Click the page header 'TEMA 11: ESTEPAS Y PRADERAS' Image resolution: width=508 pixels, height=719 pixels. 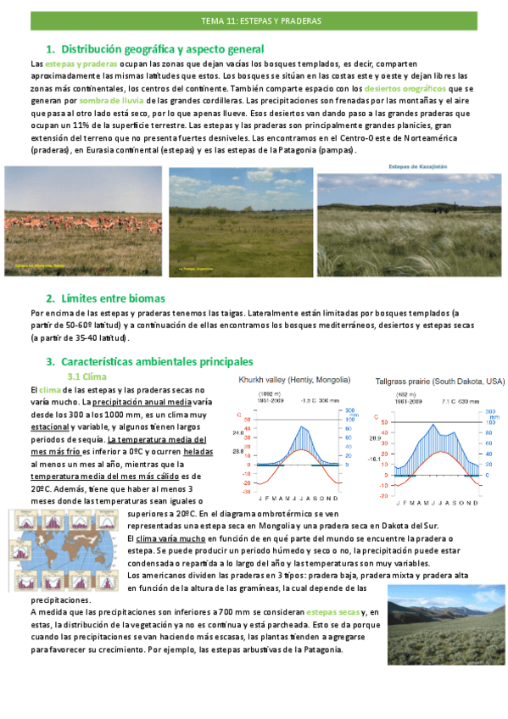pos(255,18)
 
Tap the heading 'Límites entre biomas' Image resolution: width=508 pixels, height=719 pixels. pos(113,298)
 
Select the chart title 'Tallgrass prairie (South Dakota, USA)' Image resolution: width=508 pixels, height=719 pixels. pos(439,382)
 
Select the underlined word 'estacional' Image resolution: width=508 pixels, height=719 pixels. pos(52,427)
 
